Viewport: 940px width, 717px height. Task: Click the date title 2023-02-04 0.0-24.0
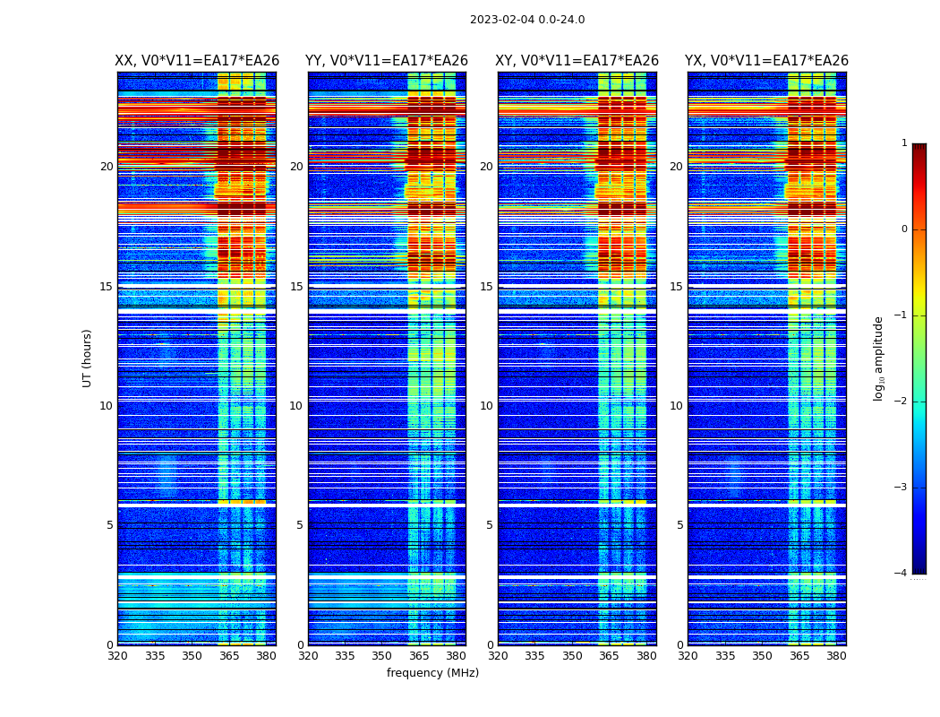(527, 20)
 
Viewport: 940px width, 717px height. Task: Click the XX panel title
(197, 61)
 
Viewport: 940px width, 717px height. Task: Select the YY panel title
(387, 61)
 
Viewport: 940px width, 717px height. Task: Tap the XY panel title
(577, 61)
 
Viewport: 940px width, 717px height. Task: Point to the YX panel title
(766, 61)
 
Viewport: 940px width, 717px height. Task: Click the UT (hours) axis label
(88, 358)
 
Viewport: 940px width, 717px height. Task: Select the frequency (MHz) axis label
(432, 673)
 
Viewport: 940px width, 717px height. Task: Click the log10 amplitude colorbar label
(879, 358)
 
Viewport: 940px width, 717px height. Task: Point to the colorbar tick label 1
(904, 143)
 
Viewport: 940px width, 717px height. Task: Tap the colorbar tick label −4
(902, 574)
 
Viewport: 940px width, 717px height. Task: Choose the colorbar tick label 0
(904, 229)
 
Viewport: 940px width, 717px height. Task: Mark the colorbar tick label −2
(902, 402)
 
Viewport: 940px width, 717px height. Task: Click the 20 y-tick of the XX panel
(107, 167)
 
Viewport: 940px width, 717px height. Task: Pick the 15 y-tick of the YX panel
(678, 287)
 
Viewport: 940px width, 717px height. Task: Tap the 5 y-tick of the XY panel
(490, 525)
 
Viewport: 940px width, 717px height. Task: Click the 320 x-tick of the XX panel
(117, 656)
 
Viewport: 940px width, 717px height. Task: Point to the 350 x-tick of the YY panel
(381, 656)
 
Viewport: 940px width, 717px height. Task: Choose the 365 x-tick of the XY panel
(609, 656)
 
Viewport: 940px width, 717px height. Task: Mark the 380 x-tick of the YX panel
(836, 656)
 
